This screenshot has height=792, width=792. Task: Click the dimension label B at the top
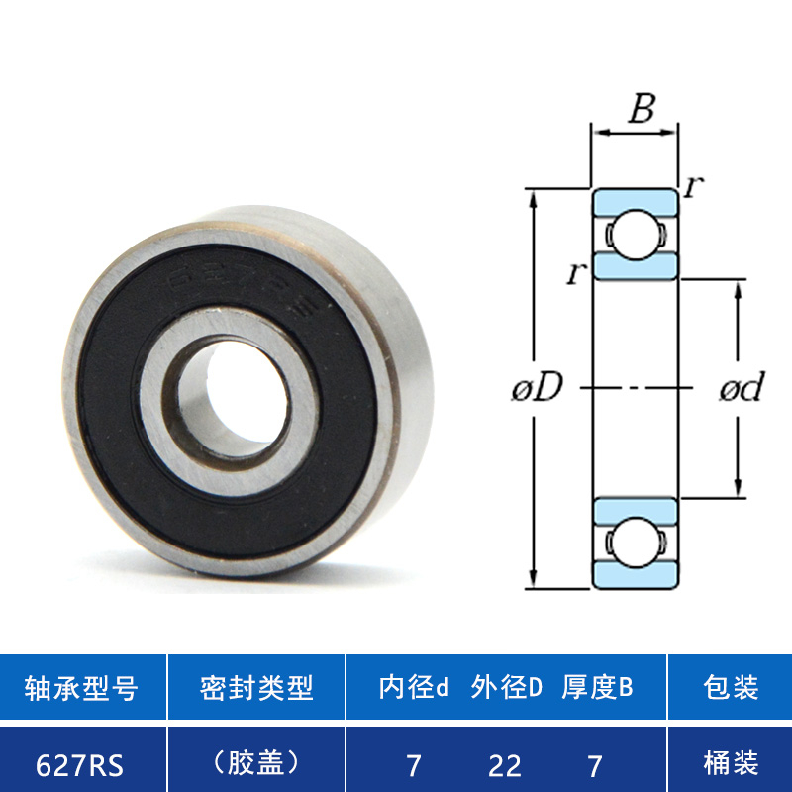[x=642, y=108]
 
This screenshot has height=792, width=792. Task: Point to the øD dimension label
[x=537, y=387]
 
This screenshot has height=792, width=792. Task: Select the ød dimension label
[x=742, y=387]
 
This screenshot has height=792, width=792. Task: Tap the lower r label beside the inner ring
[x=577, y=273]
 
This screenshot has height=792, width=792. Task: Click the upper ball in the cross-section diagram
[x=636, y=235]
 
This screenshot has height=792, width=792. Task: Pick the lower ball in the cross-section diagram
[x=636, y=542]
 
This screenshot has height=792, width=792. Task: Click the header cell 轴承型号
[x=81, y=687]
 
